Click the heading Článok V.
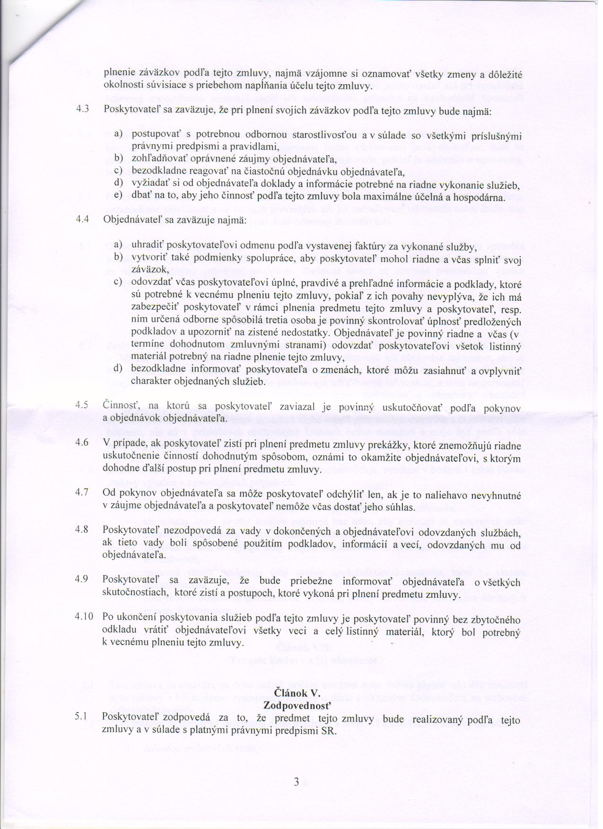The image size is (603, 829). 297,693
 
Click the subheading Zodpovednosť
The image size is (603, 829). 297,706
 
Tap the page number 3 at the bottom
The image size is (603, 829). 296,782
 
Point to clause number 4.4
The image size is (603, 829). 83,220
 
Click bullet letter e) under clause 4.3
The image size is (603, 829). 118,195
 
